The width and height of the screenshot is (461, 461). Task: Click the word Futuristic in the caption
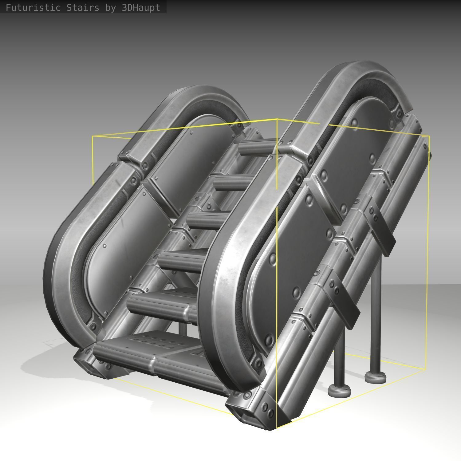coord(33,7)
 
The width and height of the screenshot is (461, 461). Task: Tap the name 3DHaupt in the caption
coord(141,7)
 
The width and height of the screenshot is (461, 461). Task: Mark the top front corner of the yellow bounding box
coord(277,119)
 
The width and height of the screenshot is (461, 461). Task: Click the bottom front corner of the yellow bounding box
coord(277,428)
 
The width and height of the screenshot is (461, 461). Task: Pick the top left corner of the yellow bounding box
coord(93,136)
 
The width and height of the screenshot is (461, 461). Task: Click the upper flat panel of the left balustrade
coord(197,154)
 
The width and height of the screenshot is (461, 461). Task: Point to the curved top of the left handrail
coord(197,95)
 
